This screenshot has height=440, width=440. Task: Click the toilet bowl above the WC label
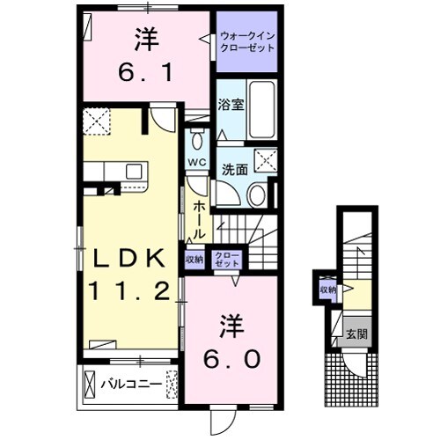pos(196,141)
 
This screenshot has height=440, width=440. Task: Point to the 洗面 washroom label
pos(234,171)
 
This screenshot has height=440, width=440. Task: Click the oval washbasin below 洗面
pos(257,195)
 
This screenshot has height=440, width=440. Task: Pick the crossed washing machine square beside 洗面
pos(263,161)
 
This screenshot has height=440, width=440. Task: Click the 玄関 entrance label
pos(356,334)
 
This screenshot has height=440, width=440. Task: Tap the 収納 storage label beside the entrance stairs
pos(327,289)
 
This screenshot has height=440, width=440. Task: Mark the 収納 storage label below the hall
pos(194,259)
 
